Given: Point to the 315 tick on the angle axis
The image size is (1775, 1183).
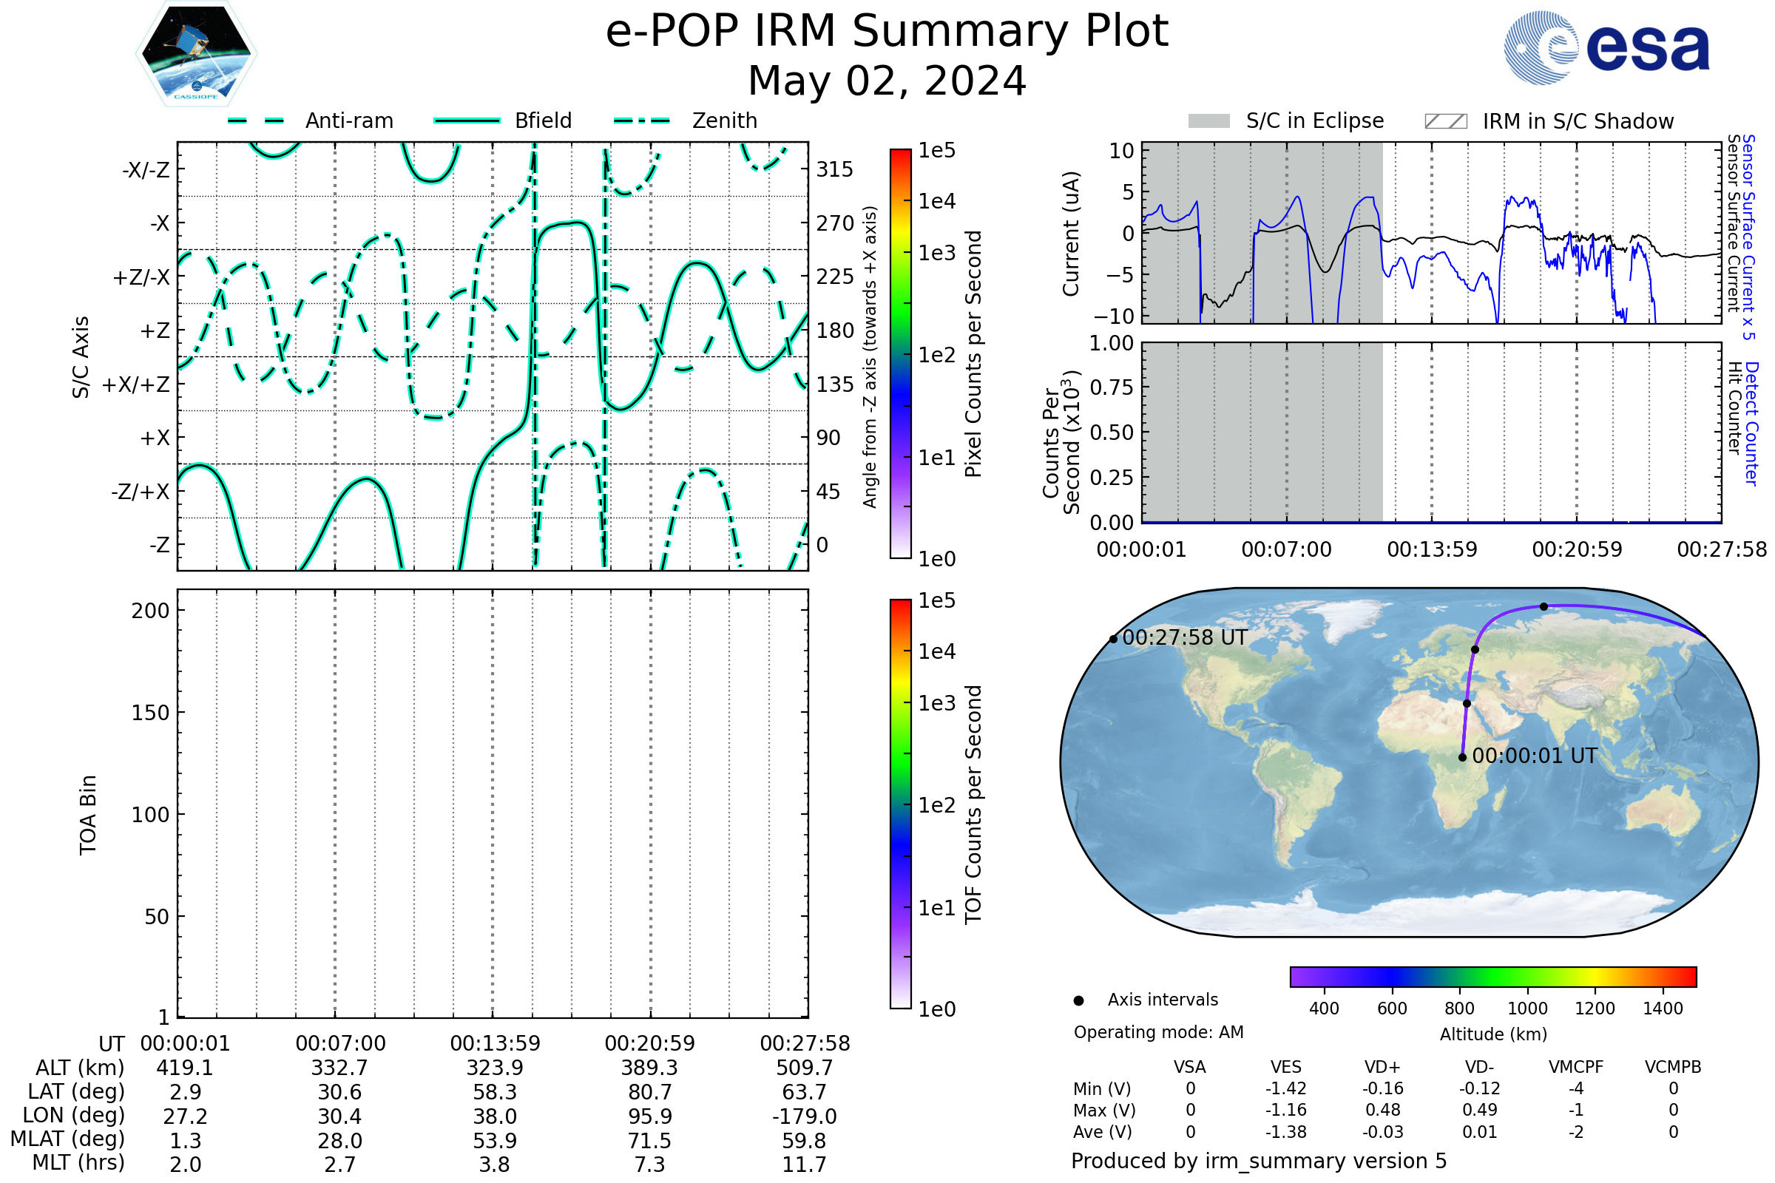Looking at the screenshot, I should tap(835, 169).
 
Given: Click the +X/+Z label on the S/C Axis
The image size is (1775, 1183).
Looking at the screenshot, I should tap(136, 384).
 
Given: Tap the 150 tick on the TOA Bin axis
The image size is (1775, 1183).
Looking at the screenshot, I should tap(150, 712).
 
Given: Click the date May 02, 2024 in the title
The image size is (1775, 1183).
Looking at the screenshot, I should tap(887, 81).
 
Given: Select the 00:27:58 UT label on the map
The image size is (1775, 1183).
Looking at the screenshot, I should tap(1184, 637).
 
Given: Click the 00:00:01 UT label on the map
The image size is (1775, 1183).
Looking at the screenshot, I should tap(1534, 756).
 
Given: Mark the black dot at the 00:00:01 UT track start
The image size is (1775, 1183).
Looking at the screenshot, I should tap(1463, 757).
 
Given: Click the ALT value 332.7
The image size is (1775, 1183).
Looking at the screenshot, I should tap(339, 1068).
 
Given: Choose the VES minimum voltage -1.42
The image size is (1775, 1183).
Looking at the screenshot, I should tap(1285, 1088).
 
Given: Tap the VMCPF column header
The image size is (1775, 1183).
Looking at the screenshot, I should tap(1576, 1067).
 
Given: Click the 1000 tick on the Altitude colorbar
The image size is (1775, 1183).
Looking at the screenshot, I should tap(1526, 1009).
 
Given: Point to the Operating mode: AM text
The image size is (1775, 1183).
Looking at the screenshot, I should tap(1158, 1032).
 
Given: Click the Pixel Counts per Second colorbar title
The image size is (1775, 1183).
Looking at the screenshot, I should tap(973, 353).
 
